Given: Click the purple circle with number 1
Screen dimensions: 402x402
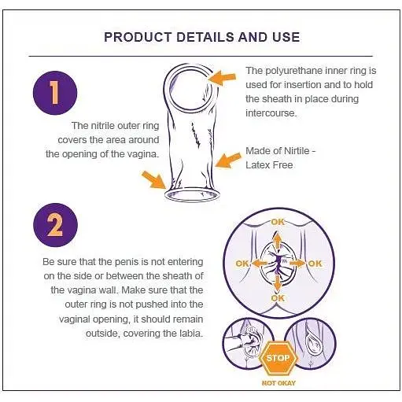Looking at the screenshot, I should click(53, 92).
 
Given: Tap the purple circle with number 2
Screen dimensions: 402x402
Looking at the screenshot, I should click(53, 226).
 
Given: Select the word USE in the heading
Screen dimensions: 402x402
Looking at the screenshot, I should click(286, 37).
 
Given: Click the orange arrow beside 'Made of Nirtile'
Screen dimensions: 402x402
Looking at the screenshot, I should click(227, 160).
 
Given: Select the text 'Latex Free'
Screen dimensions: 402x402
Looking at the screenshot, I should click(269, 164).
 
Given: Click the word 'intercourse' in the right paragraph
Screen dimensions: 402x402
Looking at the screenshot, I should click(270, 113).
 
